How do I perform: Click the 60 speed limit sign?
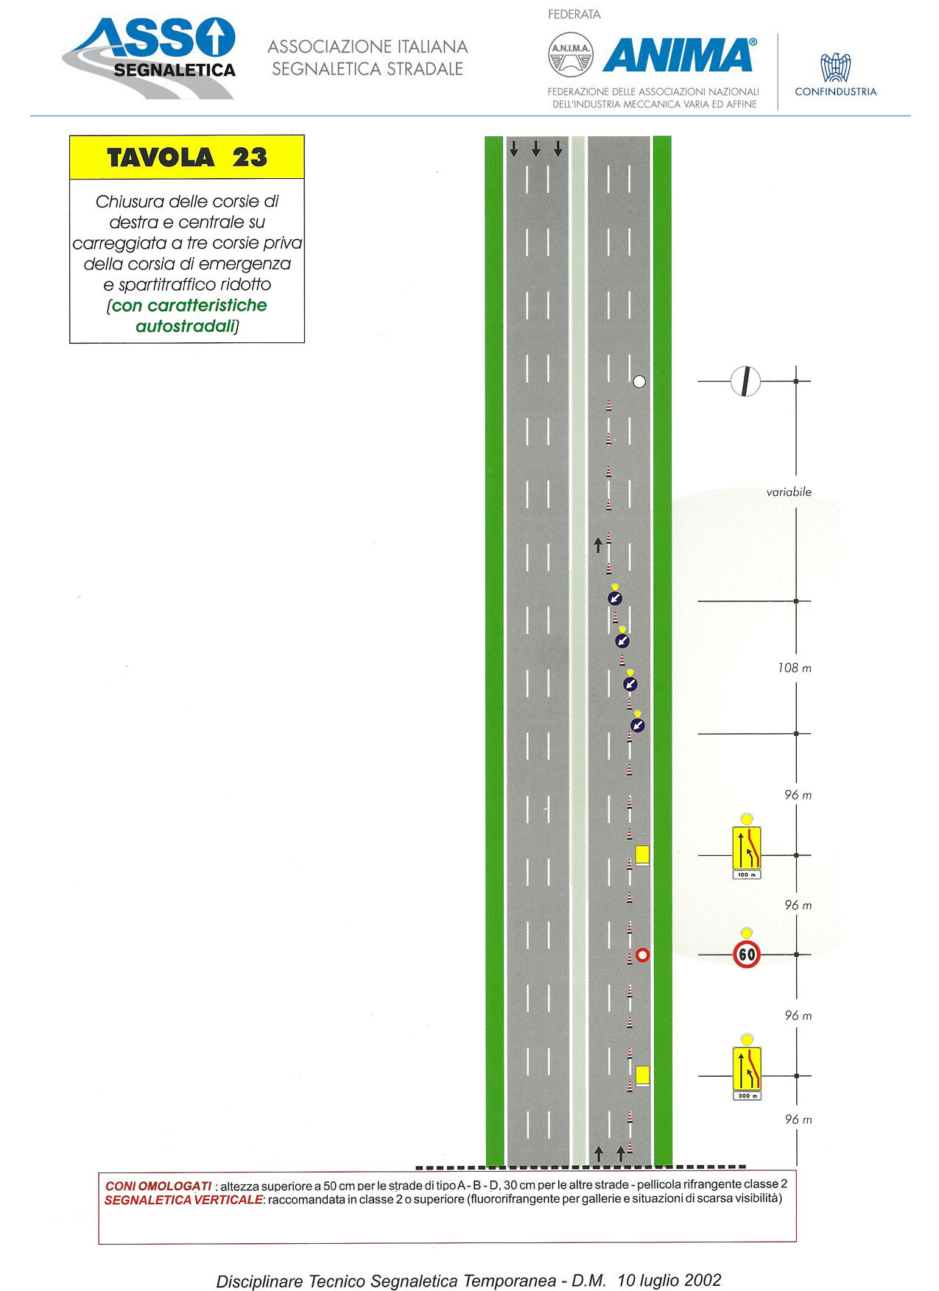tap(747, 954)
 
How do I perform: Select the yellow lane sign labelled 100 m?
tap(746, 852)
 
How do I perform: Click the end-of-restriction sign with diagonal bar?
tap(745, 381)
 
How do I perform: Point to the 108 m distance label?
tap(795, 668)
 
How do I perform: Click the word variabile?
tap(789, 492)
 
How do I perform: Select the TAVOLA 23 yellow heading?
tap(187, 157)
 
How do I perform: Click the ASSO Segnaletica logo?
tap(150, 57)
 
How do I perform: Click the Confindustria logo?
tap(836, 74)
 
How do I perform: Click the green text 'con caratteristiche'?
tap(189, 305)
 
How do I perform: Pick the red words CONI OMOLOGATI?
tap(158, 1186)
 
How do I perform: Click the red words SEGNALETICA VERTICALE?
tap(183, 1200)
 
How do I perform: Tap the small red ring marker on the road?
tap(642, 955)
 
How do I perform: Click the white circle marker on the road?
tap(639, 381)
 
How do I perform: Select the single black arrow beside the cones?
tap(598, 545)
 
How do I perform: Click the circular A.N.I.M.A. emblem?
tap(571, 54)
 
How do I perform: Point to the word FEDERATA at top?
tap(574, 14)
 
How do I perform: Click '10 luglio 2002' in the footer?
tap(669, 1280)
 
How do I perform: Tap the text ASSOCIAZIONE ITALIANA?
tap(367, 46)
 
